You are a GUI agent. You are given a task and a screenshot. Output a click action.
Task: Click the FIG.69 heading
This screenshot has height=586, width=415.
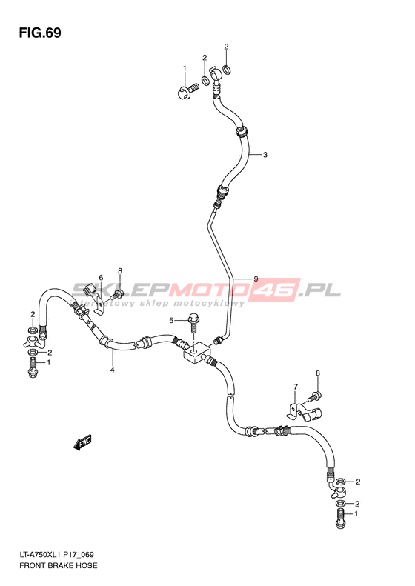(x=40, y=33)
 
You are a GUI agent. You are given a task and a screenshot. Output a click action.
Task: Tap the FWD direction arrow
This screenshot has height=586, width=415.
(x=82, y=443)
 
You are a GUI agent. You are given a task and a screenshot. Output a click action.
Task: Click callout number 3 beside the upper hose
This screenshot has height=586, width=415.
(x=265, y=155)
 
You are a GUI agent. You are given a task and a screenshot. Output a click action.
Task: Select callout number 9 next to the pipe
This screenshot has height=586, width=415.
(x=256, y=279)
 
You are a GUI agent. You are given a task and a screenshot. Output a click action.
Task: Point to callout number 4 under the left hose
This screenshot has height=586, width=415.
(x=112, y=370)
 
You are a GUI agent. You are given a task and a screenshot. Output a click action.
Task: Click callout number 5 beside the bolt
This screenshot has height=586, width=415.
(x=171, y=320)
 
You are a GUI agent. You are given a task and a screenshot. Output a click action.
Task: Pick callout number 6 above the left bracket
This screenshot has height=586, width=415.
(x=101, y=277)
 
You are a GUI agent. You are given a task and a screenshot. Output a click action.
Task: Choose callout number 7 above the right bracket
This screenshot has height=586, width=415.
(x=296, y=387)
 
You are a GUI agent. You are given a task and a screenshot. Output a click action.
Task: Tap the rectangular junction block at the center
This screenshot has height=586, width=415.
(x=197, y=353)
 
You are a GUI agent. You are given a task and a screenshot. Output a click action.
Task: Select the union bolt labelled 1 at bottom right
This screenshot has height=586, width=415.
(x=340, y=518)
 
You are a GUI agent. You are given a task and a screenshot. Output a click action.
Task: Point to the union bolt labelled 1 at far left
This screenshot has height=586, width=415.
(x=33, y=367)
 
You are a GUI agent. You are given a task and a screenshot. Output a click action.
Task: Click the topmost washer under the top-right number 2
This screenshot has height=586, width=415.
(x=226, y=69)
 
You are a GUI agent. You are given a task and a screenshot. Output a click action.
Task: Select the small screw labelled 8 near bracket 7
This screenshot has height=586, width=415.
(x=314, y=396)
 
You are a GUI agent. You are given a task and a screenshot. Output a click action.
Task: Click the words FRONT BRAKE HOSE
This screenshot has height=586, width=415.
(x=59, y=565)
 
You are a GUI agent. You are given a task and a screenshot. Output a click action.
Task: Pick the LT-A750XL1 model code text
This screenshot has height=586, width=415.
(x=37, y=555)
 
